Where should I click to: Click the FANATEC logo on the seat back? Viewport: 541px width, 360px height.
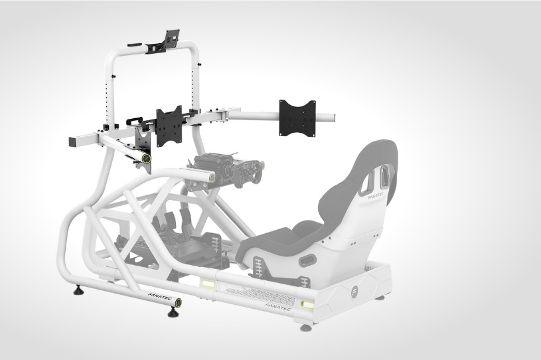click(376, 197)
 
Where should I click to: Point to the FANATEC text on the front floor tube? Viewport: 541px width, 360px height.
click(159, 297)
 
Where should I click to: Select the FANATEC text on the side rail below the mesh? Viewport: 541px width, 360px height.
click(278, 306)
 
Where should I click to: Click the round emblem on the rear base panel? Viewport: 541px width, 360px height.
click(355, 290)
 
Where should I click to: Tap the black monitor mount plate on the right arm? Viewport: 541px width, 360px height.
click(297, 118)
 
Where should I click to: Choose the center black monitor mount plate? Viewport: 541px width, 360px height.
click(169, 126)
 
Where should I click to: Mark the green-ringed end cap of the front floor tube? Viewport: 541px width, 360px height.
click(179, 303)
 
